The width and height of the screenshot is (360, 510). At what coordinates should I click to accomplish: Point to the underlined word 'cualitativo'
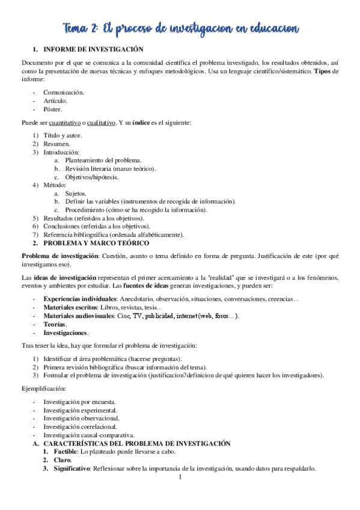(x=102, y=123)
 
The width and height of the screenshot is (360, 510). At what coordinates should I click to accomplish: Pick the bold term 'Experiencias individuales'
(x=80, y=299)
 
